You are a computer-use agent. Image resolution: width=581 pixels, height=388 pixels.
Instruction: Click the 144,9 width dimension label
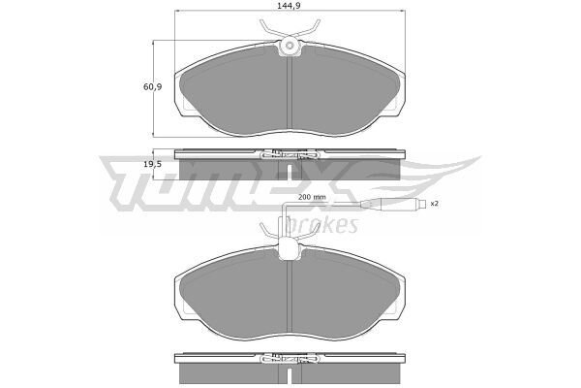click(289, 6)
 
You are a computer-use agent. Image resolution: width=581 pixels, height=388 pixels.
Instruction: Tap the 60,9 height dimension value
click(153, 87)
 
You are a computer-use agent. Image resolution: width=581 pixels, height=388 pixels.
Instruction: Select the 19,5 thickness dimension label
click(153, 164)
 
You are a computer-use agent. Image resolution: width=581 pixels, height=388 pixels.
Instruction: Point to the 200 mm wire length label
click(312, 197)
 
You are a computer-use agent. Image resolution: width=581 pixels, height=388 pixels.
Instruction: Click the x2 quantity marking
click(434, 204)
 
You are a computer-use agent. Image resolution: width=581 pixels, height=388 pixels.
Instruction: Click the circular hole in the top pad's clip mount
click(290, 46)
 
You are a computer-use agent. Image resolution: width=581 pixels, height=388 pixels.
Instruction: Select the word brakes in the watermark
click(321, 224)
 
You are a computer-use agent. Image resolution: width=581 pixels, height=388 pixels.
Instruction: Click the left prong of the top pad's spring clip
click(268, 30)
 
